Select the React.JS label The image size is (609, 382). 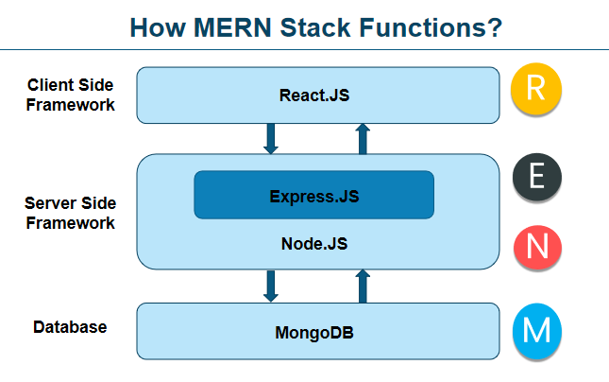coord(318,95)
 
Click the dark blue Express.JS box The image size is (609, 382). coord(313,196)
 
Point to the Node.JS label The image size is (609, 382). coord(314,243)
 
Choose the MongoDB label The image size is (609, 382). coord(317,333)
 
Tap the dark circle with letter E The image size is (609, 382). coord(536,177)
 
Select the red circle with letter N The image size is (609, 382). coord(536,247)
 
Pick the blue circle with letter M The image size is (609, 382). coord(536,331)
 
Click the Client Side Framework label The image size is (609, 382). coord(71,95)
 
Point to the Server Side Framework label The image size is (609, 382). coord(70,213)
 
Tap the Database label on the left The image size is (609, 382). coord(70,327)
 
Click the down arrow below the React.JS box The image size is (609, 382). coord(271,138)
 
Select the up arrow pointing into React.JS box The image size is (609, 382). coord(364,138)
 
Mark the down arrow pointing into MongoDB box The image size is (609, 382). coord(271,286)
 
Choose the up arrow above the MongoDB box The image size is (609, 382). coord(364,286)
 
